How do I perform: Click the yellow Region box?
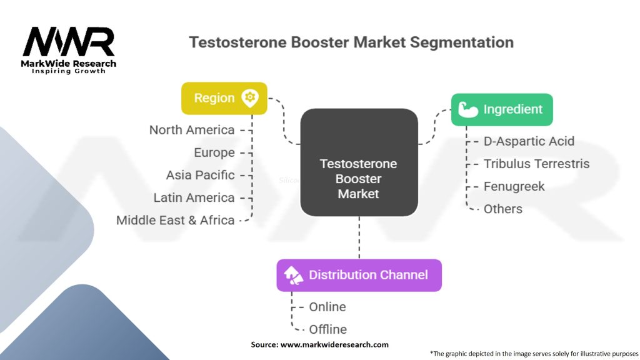[224, 98]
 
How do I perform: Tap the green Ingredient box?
[502, 109]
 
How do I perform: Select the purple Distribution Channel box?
[359, 275]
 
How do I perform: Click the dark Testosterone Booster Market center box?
[359, 162]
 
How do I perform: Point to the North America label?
[192, 130]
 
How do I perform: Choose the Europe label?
[214, 152]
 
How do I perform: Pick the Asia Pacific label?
[200, 175]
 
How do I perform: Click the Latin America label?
[194, 197]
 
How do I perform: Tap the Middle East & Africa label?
[175, 220]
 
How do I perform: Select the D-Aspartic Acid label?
[529, 141]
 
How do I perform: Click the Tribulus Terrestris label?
[536, 164]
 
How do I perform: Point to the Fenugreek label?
[514, 186]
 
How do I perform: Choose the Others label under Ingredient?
[503, 209]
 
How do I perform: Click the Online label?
[327, 307]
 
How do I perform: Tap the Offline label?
[328, 329]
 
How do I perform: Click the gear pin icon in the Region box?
[250, 97]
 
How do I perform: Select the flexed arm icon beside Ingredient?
[467, 109]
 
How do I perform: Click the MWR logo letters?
[69, 42]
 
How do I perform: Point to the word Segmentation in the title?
[463, 42]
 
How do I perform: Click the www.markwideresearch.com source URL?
[335, 344]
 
